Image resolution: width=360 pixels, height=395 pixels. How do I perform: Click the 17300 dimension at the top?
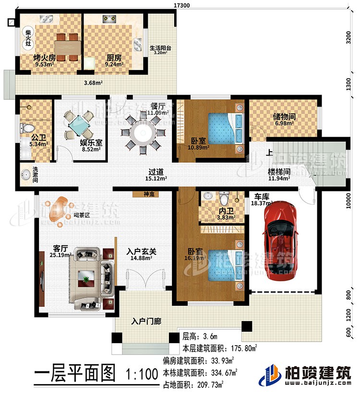pos(181,5)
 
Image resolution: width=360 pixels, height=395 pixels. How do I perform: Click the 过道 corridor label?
pos(155,172)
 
